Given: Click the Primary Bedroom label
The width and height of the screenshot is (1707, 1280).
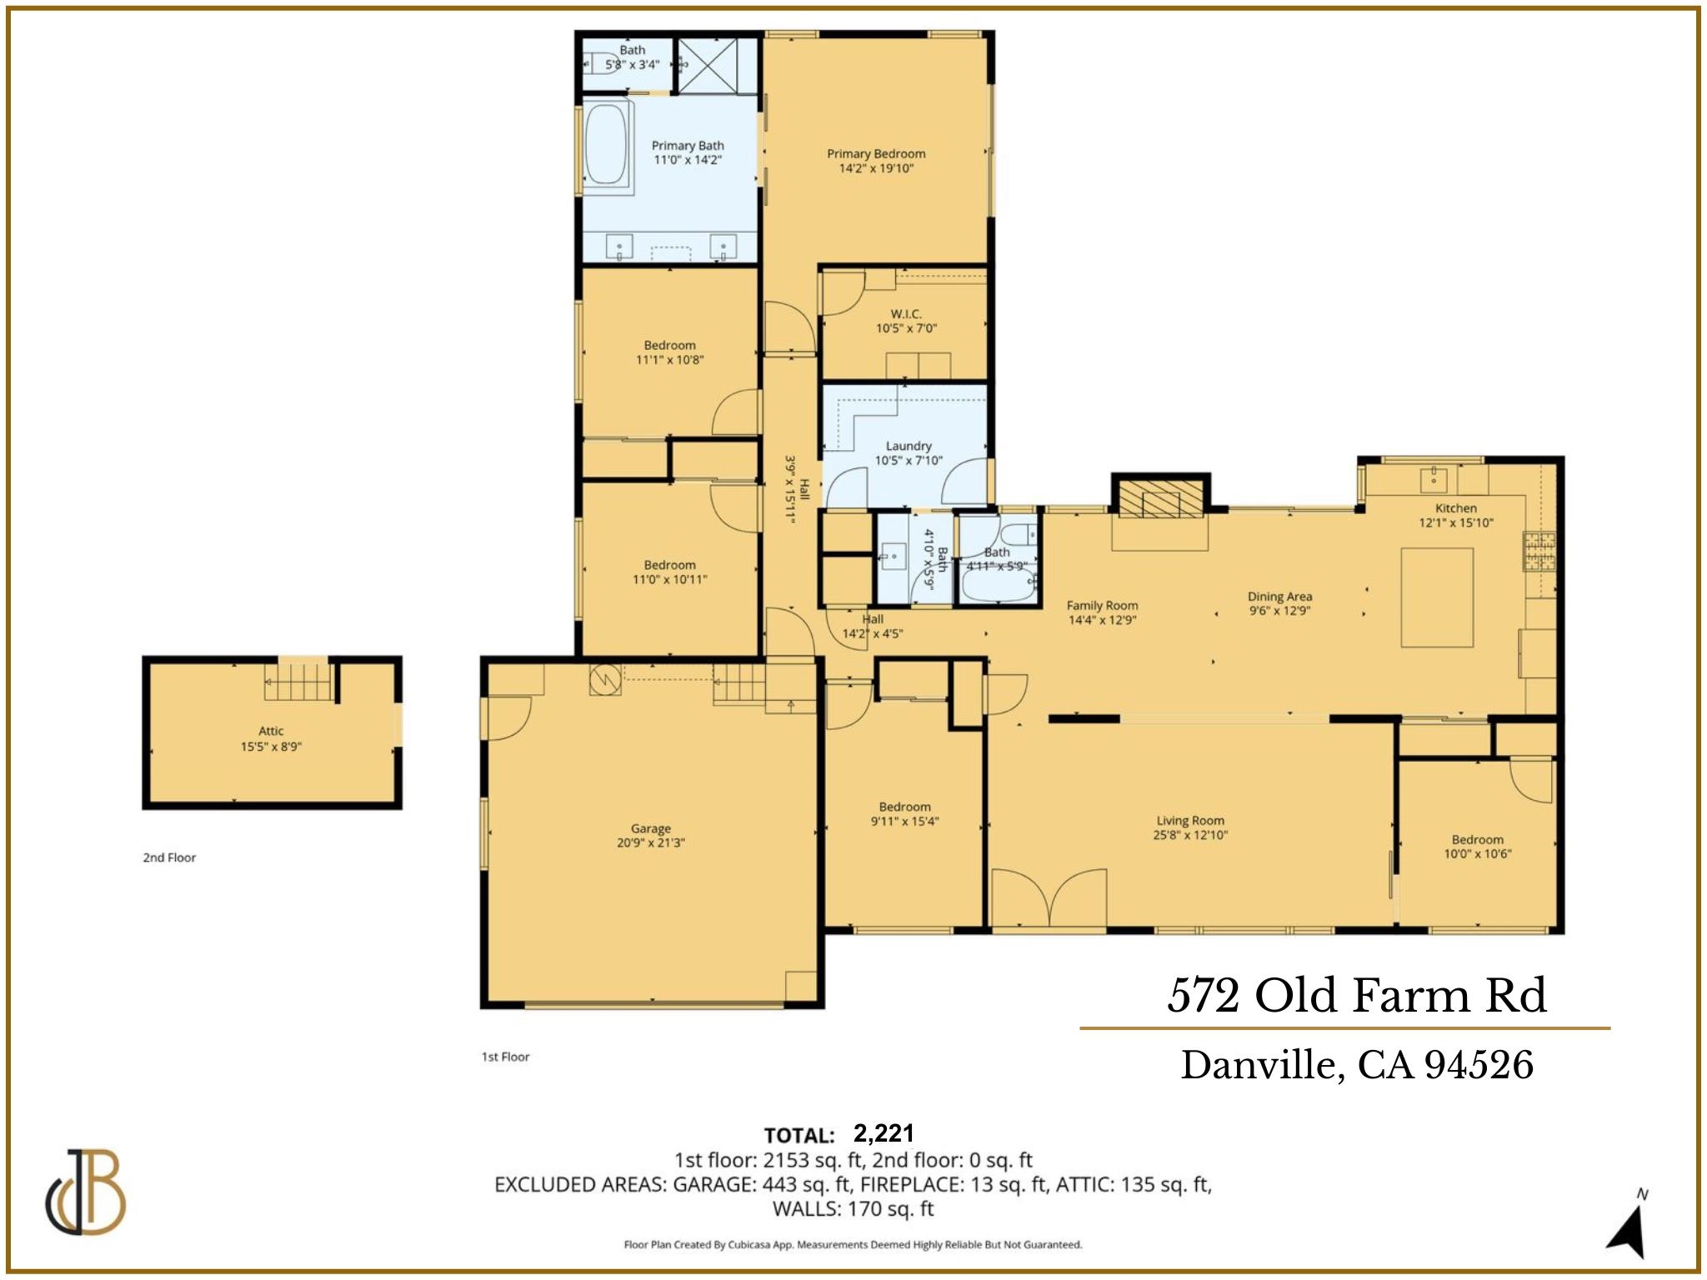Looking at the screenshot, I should click(x=876, y=154).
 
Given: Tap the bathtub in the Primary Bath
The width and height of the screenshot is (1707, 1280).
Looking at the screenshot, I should click(x=606, y=143).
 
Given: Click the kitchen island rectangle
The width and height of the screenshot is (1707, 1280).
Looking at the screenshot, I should click(x=1437, y=597).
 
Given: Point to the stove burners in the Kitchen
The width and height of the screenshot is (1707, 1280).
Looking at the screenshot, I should click(x=1539, y=552).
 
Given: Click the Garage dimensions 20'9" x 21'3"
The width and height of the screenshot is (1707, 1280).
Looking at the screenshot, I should click(x=650, y=842).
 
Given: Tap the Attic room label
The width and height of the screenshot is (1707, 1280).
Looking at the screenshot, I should click(x=271, y=732).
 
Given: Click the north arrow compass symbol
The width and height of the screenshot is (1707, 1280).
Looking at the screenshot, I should click(x=1628, y=1227).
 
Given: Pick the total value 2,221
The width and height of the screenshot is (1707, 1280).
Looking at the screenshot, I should click(x=884, y=1133).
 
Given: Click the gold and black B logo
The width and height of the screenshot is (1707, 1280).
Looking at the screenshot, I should click(x=86, y=1192).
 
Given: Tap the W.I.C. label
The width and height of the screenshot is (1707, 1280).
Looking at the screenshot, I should click(x=906, y=314).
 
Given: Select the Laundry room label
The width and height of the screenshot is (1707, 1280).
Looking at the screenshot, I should click(x=909, y=446).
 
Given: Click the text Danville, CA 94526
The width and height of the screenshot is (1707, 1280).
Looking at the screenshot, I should click(x=1356, y=1065).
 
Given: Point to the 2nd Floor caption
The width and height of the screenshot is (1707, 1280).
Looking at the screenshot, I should click(x=169, y=857).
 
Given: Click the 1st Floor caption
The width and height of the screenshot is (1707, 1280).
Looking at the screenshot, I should click(x=505, y=1057).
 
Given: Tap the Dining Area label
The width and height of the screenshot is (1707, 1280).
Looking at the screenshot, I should click(x=1279, y=597).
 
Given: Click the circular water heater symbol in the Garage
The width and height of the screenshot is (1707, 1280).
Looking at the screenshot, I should click(x=605, y=679).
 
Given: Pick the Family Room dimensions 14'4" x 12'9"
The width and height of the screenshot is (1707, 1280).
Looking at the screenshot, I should click(x=1102, y=620).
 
